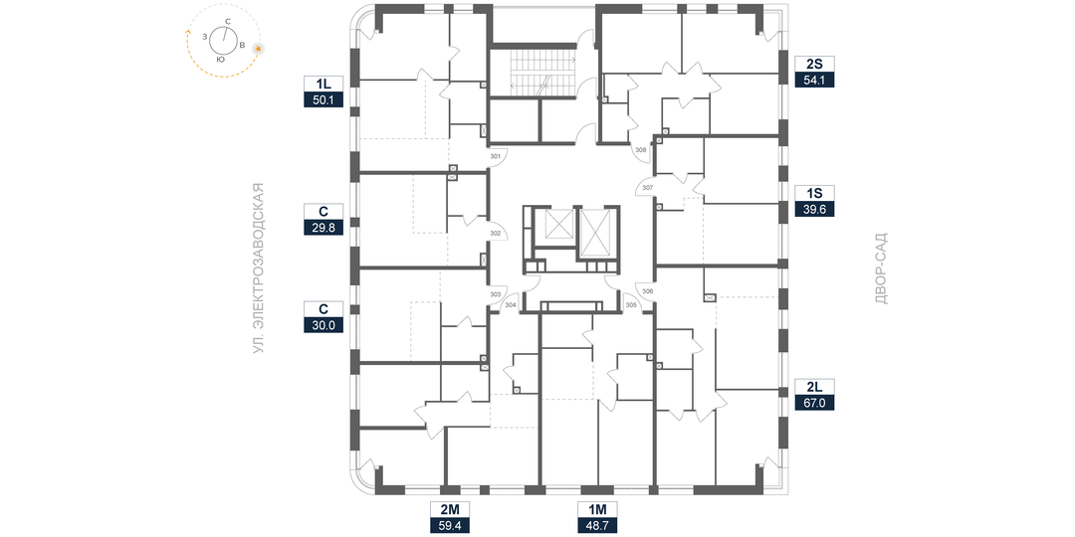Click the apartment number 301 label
(496, 157)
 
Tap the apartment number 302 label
(496, 234)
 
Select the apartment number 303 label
(496, 294)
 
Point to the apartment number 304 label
(510, 305)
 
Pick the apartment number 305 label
(631, 305)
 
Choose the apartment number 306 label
(648, 291)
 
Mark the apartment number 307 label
(648, 187)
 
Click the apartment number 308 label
(640, 149)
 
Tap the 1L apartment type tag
(323, 85)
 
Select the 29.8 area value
(323, 228)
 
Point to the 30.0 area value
(323, 325)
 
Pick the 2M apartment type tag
(450, 509)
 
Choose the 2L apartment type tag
(814, 387)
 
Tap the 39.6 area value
(814, 210)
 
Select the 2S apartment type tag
(814, 65)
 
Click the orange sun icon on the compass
(259, 49)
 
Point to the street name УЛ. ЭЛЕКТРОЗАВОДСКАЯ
(259, 268)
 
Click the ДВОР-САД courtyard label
(882, 268)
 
